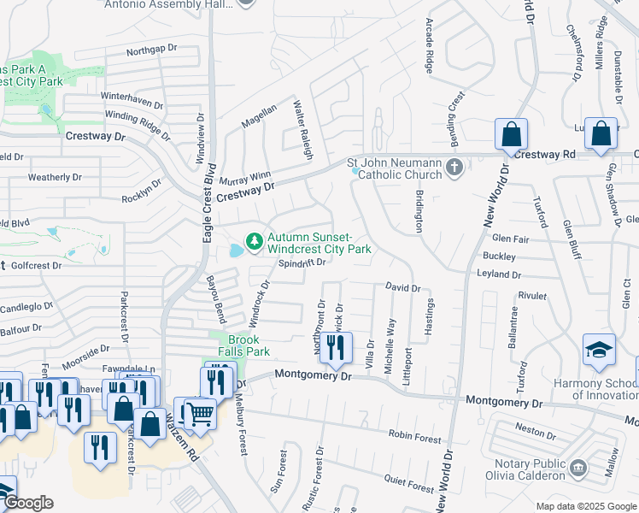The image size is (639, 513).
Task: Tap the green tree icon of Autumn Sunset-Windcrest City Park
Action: coord(254,243)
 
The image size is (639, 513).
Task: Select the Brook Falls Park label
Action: coord(248,345)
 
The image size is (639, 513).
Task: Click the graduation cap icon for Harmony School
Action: coord(599,351)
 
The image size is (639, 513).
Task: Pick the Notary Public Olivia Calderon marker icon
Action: coord(578,468)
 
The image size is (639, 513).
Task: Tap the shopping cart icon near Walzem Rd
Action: coord(200,414)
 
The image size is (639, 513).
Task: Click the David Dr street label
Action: coord(402,288)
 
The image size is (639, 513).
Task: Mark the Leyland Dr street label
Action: coord(499,274)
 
